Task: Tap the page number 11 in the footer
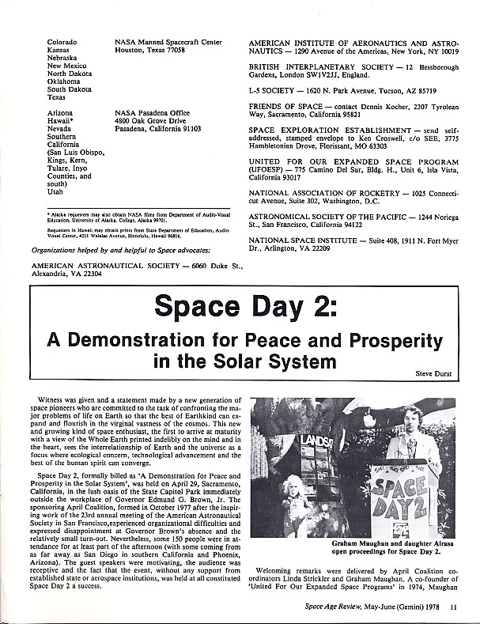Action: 452,607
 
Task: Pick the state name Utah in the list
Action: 55,192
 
